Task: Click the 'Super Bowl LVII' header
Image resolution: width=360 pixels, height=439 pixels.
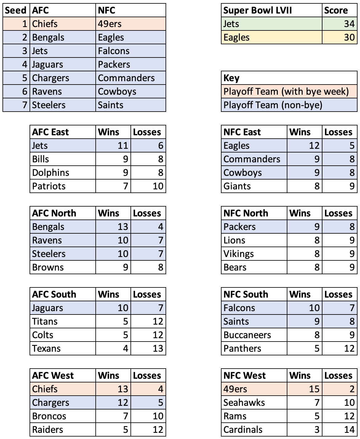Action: pyautogui.click(x=257, y=10)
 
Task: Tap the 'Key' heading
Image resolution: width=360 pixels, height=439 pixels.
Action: pyautogui.click(x=231, y=78)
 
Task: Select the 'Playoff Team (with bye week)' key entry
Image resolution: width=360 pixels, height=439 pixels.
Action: pyautogui.click(x=286, y=91)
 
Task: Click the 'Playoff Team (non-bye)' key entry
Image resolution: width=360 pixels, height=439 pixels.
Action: pyautogui.click(x=273, y=105)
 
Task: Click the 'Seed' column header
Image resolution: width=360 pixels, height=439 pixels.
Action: pyautogui.click(x=16, y=10)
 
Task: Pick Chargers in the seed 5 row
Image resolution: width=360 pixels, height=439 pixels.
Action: pyautogui.click(x=50, y=78)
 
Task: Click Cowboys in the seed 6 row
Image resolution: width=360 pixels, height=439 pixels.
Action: pyautogui.click(x=117, y=91)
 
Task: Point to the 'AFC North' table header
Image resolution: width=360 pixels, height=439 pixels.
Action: pyautogui.click(x=54, y=213)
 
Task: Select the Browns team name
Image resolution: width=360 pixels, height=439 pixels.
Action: pyautogui.click(x=48, y=267)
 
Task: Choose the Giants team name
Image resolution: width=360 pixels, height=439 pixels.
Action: pyautogui.click(x=237, y=186)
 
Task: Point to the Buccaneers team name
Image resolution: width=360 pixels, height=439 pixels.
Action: pyautogui.click(x=247, y=335)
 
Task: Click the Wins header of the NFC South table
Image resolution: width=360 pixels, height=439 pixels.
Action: pyautogui.click(x=300, y=294)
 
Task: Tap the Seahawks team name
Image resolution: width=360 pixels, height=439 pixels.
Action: pyautogui.click(x=244, y=402)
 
